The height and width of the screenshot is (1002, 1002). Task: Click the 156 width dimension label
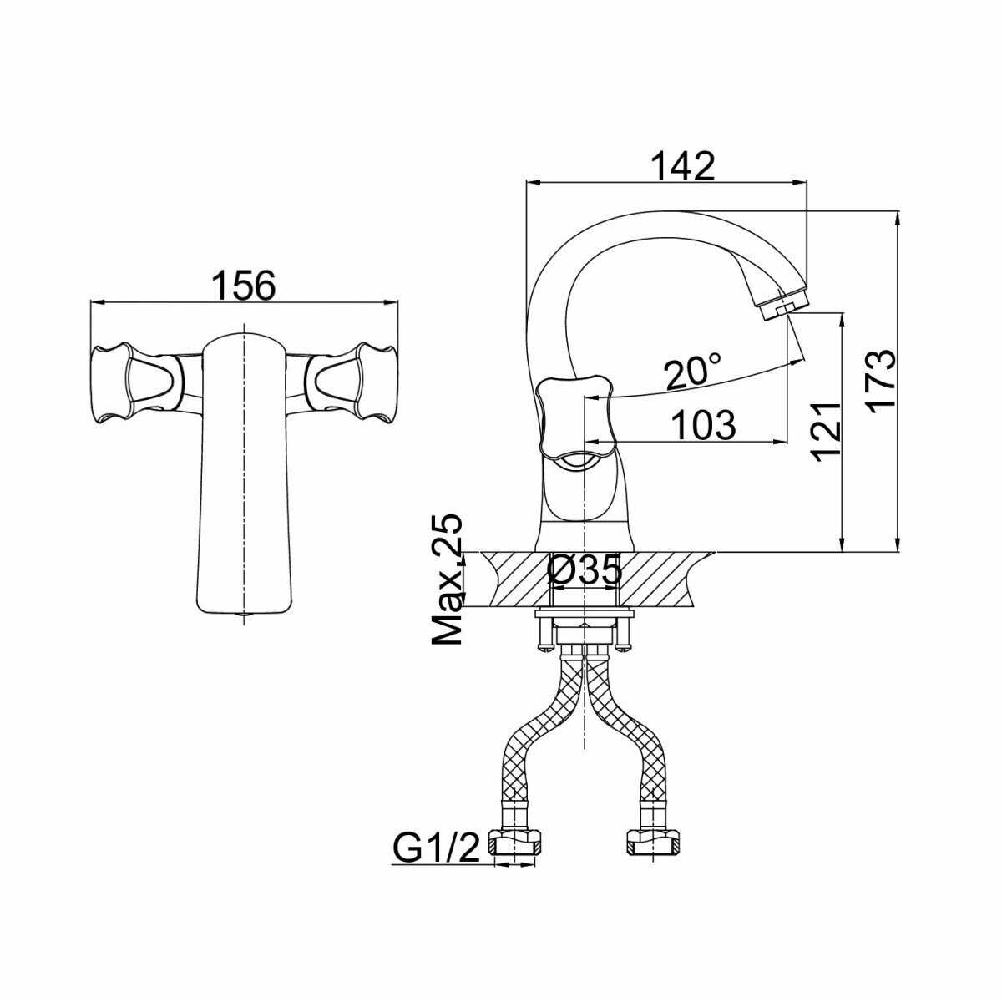(242, 286)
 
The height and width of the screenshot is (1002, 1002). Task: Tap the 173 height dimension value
(879, 380)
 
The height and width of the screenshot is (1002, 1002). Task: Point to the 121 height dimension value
(825, 431)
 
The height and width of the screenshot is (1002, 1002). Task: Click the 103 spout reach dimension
(703, 425)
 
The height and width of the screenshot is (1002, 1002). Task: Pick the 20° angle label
(692, 372)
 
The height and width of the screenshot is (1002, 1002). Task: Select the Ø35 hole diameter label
(584, 572)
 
